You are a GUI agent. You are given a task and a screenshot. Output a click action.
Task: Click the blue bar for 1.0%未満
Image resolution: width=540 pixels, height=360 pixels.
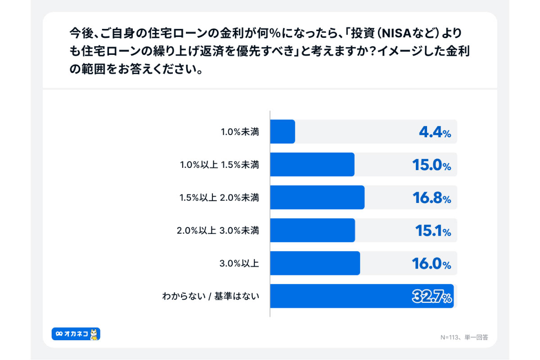283,132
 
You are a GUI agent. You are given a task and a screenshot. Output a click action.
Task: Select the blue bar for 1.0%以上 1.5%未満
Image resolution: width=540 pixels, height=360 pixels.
312,165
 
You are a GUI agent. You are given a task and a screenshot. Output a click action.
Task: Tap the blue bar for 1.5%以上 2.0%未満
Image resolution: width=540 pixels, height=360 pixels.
317,198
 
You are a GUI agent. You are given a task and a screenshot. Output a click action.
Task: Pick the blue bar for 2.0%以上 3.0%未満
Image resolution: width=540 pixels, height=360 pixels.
313,230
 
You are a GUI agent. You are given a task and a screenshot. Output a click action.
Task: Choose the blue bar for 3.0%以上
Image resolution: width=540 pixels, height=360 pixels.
315,263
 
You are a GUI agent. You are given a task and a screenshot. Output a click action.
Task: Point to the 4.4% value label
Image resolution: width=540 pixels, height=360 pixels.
434,132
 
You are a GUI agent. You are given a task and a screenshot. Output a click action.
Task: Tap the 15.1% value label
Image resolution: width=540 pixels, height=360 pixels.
432,231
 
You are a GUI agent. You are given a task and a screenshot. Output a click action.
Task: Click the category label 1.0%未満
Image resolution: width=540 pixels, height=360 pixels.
240,132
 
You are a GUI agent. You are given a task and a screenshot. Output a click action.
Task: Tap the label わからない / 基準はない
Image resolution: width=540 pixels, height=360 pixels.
211,297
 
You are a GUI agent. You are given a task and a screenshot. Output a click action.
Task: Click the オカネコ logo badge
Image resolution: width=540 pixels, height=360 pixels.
76,334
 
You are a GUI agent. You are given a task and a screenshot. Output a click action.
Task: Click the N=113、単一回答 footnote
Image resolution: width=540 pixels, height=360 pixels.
464,337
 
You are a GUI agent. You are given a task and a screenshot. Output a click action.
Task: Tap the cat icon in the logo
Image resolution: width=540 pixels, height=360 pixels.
94,334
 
